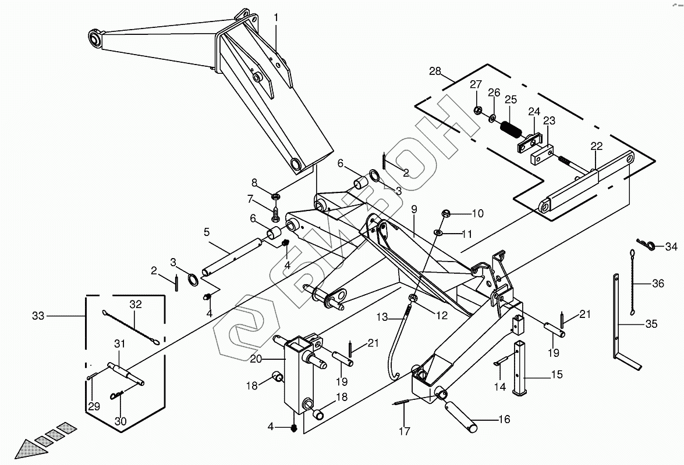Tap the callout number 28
[x=435, y=71]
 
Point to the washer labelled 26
[x=492, y=117]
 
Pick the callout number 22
[x=596, y=146]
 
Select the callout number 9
[x=413, y=209]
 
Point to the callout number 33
[x=38, y=315]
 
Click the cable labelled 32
[x=131, y=327]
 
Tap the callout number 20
[x=256, y=359]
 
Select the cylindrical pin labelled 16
[x=460, y=417]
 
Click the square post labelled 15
[x=521, y=369]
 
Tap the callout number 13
[x=382, y=317]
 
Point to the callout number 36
[x=658, y=284]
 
